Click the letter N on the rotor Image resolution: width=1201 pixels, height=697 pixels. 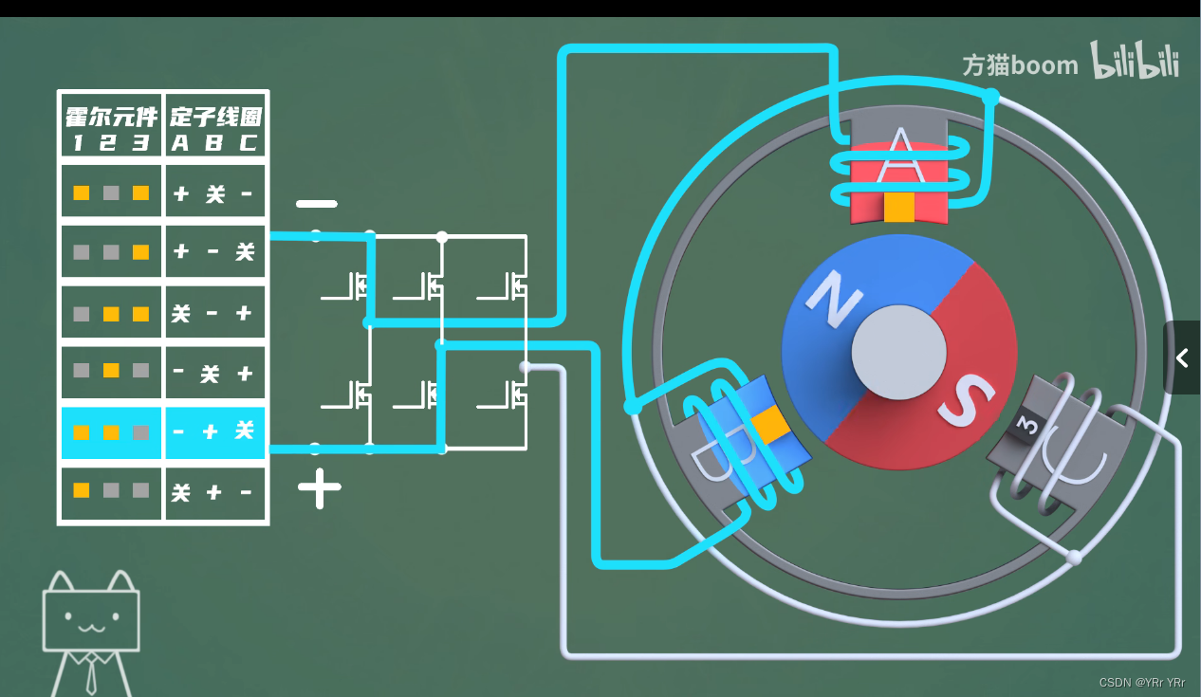tap(835, 296)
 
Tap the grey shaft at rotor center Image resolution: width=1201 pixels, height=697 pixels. tap(898, 353)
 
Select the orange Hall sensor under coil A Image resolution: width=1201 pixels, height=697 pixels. tap(898, 207)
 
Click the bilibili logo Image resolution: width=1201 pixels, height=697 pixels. tap(1135, 62)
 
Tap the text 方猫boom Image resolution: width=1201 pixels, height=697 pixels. tap(1020, 65)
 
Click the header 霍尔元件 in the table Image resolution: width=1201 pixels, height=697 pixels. tap(111, 118)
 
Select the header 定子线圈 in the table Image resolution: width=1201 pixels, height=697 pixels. tap(215, 118)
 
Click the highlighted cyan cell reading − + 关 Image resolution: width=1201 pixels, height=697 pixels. tap(214, 432)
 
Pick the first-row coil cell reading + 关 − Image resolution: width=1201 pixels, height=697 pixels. tap(214, 193)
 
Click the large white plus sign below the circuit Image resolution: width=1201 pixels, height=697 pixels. tap(320, 488)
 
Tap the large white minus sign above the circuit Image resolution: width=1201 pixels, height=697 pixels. tap(316, 204)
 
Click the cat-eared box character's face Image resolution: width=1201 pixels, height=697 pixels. tap(91, 621)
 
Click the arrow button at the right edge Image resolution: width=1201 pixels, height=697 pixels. tap(1182, 358)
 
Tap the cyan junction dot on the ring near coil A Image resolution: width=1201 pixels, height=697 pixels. tap(990, 97)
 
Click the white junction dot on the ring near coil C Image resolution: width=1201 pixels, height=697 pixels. tap(1074, 557)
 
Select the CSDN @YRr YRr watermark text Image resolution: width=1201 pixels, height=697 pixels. tap(1141, 683)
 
